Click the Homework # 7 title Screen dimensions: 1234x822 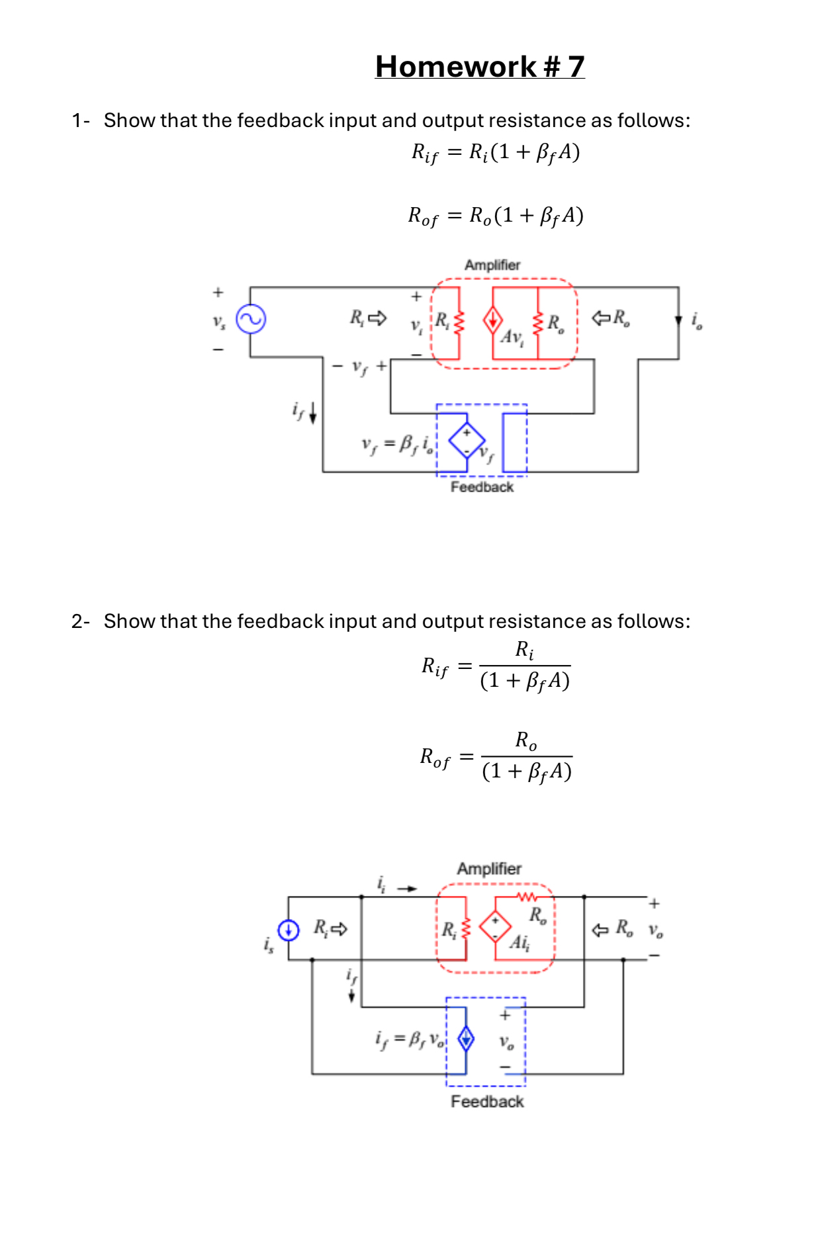[479, 67]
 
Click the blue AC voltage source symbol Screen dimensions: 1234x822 [251, 320]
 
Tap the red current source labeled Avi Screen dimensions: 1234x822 [492, 320]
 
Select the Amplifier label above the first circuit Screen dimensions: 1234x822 [492, 265]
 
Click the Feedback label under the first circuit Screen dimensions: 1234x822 [482, 487]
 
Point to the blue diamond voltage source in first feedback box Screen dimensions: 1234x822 [467, 441]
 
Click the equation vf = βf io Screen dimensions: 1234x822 [398, 443]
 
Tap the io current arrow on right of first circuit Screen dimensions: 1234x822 [678, 320]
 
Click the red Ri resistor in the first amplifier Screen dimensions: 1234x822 [459, 322]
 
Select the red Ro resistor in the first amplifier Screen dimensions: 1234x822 [538, 322]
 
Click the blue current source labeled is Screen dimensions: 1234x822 [288, 930]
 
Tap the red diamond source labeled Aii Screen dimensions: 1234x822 [495, 926]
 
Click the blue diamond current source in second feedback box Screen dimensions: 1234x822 [466, 1038]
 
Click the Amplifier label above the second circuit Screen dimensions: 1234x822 [489, 869]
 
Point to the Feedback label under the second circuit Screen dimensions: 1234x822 [487, 1102]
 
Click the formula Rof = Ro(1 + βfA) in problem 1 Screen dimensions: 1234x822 [495, 216]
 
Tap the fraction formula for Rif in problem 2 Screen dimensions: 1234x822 [496, 666]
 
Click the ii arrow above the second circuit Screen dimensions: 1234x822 [406, 889]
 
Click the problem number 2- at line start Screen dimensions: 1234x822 [80, 621]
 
